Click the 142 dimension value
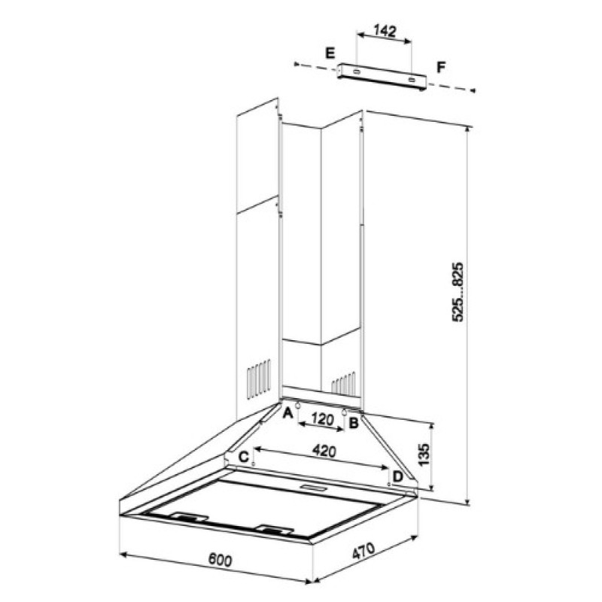coord(385,31)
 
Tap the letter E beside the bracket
coord(330,53)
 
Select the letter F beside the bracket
coord(441,67)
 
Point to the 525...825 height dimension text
coord(458,292)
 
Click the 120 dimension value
coord(322,419)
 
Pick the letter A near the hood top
coord(287,413)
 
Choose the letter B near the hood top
coord(353,423)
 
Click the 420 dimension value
coord(324,451)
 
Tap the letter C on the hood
coord(244,457)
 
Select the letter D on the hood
coord(398,477)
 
